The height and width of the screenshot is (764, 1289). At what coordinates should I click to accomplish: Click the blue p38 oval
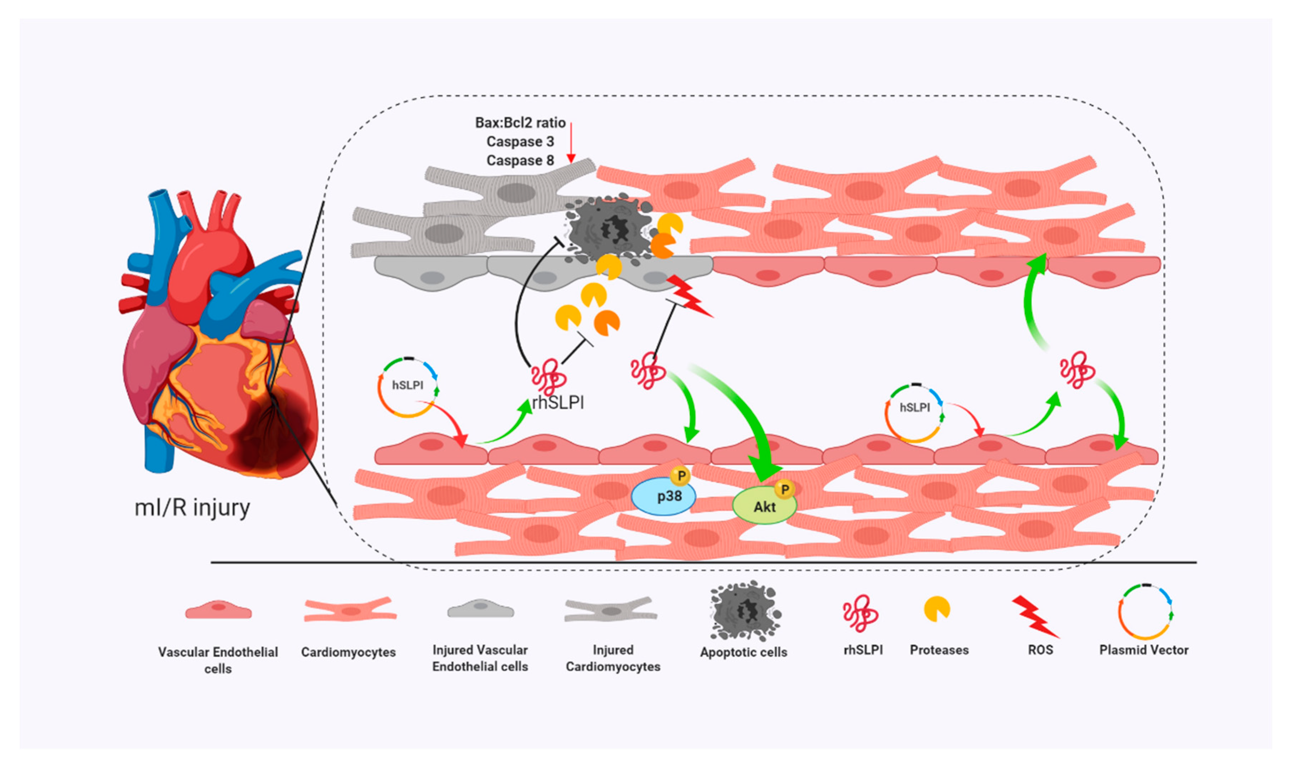[x=663, y=496]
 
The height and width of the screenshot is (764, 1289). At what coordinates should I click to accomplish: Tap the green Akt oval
[x=764, y=506]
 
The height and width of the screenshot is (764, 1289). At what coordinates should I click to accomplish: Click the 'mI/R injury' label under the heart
[x=192, y=508]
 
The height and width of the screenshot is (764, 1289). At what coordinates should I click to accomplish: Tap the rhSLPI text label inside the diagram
[x=558, y=402]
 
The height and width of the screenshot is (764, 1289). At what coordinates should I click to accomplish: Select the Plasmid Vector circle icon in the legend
[x=1144, y=611]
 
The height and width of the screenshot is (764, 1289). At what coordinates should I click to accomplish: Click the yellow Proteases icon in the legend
[x=936, y=609]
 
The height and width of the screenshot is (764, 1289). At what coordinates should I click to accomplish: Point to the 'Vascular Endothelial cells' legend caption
[x=217, y=660]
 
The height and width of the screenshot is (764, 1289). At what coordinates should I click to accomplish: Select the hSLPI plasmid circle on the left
[x=407, y=387]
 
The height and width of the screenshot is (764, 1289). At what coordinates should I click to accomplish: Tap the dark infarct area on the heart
[x=268, y=432]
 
